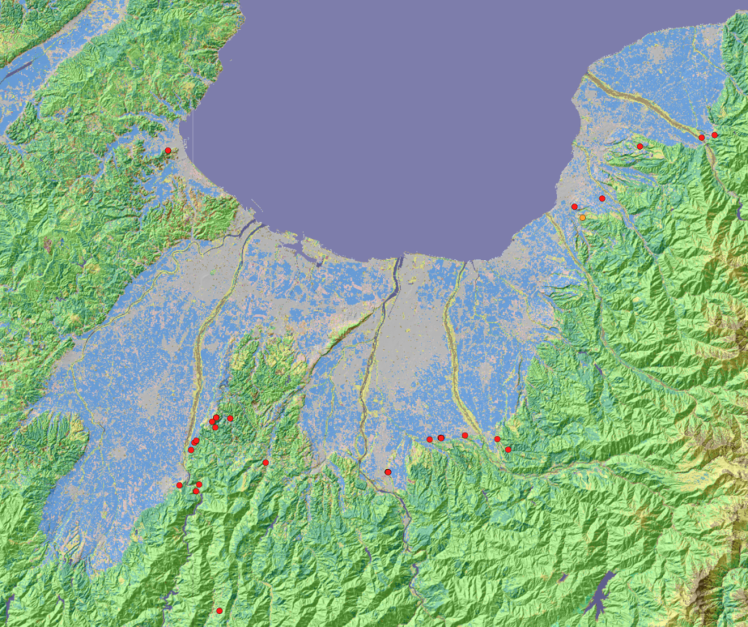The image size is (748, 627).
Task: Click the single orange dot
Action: [x=582, y=217]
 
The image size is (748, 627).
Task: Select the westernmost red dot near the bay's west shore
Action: [x=167, y=151]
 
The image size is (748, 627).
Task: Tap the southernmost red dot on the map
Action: [x=219, y=610]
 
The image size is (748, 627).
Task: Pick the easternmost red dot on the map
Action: [x=714, y=134]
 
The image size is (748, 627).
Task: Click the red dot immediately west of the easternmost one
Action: [x=701, y=137]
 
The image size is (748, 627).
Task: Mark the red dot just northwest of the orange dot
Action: [x=574, y=207]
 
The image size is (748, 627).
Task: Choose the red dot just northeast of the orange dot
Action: [x=602, y=198]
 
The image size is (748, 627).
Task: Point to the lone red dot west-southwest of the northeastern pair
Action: [x=640, y=146]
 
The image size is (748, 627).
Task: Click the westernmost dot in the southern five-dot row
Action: [x=430, y=439]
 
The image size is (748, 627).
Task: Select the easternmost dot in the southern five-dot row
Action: [x=508, y=449]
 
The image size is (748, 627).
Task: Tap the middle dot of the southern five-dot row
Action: [x=465, y=436]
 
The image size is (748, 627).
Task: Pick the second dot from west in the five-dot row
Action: [x=441, y=438]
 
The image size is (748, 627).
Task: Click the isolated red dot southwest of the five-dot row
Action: [x=387, y=472]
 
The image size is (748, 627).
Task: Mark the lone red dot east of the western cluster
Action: [x=265, y=463]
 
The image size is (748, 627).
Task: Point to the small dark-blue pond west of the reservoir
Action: [x=563, y=578]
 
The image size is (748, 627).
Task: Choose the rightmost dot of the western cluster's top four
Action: [x=230, y=418]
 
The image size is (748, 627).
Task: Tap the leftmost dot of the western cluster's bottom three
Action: [x=179, y=485]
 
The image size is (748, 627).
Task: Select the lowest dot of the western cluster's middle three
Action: [x=191, y=449]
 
